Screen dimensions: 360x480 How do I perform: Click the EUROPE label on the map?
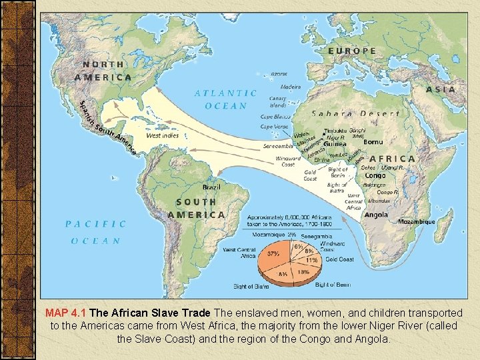click(352, 51)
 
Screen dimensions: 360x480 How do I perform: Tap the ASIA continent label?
click(441, 89)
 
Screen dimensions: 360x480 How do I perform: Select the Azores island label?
click(279, 75)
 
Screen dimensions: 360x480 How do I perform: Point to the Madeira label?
click(290, 87)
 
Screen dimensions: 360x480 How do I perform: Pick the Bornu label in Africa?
click(373, 142)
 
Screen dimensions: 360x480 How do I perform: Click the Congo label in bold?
click(375, 176)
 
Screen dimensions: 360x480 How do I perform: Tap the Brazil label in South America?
click(213, 187)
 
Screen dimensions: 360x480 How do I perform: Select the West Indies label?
click(162, 135)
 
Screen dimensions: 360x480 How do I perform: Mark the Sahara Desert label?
click(356, 113)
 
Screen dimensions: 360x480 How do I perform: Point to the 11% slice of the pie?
click(311, 261)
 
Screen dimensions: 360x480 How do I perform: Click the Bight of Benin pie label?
click(333, 285)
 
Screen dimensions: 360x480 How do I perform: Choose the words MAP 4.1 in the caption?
click(65, 313)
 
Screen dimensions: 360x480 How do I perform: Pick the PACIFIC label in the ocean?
click(95, 224)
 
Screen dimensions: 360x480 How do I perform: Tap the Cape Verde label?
click(273, 127)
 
